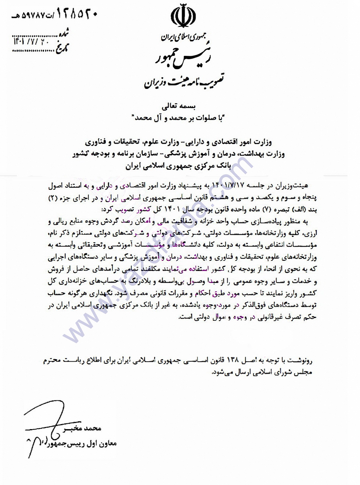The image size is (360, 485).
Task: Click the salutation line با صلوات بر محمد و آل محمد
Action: point(178,118)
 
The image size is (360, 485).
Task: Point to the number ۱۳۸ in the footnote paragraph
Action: point(233,360)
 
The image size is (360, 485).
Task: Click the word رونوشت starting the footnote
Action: point(299,360)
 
